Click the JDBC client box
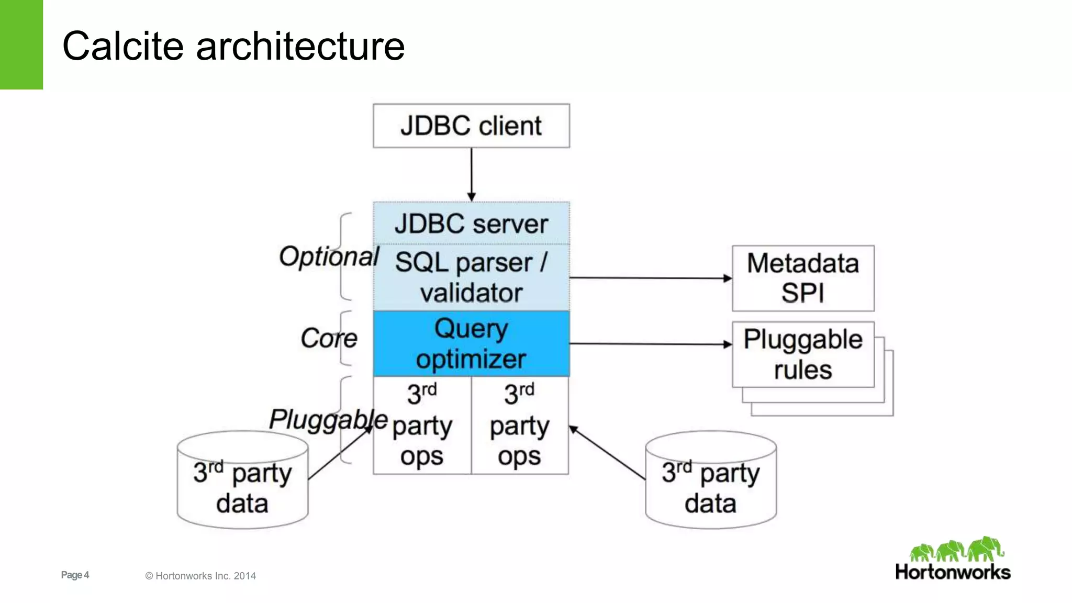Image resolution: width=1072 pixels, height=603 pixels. click(471, 126)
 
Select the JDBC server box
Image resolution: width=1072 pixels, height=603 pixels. click(471, 224)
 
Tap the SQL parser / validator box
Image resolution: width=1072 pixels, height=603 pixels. click(471, 277)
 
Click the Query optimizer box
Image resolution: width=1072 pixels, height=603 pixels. click(471, 343)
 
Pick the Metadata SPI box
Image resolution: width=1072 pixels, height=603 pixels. click(803, 278)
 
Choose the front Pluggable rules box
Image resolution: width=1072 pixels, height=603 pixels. click(803, 354)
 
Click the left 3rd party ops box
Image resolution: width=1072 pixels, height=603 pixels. click(422, 425)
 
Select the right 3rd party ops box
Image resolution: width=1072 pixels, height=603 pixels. click(520, 425)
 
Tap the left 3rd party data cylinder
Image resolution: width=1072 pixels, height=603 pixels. click(242, 487)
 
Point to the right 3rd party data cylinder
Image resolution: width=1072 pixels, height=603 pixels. click(710, 487)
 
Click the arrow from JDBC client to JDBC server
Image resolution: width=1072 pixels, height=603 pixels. click(471, 173)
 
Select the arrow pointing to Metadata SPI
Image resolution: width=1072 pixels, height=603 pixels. click(649, 278)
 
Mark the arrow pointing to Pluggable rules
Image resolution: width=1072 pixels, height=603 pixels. click(649, 344)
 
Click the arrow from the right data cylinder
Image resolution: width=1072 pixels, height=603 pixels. click(607, 453)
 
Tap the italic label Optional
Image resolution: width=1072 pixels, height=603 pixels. click(329, 257)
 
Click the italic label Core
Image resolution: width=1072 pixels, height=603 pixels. click(329, 338)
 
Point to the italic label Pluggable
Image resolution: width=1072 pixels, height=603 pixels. click(328, 420)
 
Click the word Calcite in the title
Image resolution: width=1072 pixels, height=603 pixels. click(123, 46)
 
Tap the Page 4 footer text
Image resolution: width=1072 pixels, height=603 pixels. click(75, 575)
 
